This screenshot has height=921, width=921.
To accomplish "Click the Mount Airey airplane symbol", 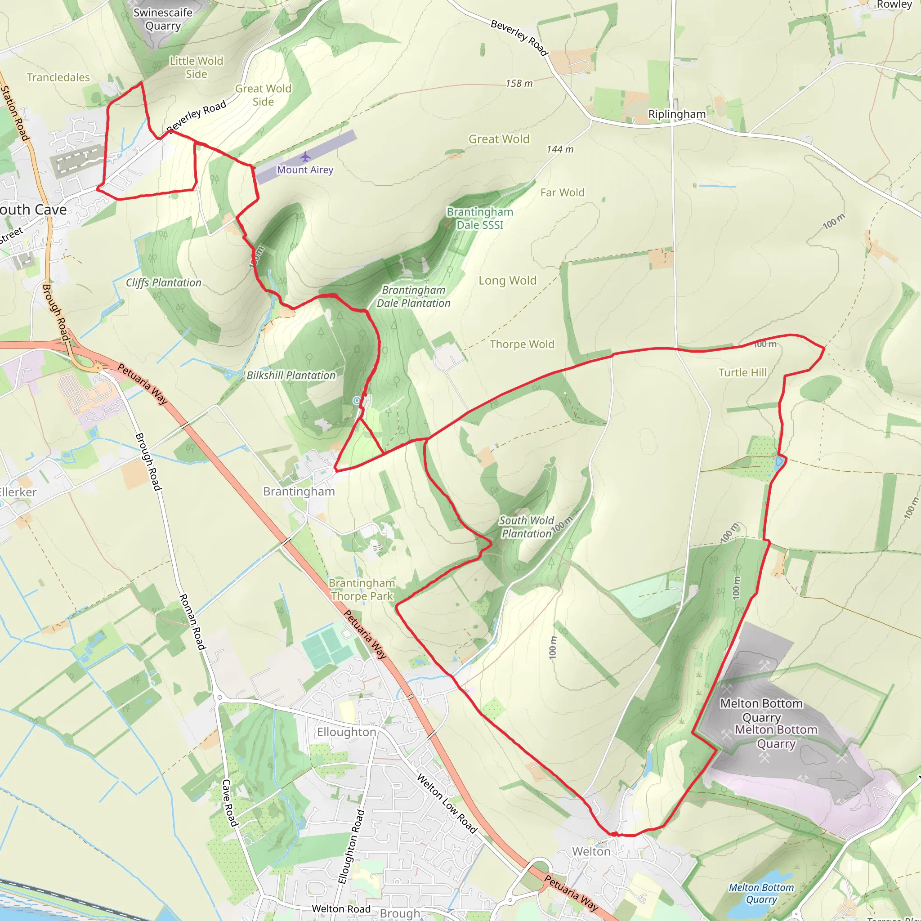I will click(305, 157).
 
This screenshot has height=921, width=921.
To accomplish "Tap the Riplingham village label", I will click(676, 114).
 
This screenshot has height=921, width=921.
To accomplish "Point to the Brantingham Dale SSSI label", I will click(479, 218).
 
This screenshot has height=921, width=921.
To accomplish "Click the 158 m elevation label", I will click(519, 84).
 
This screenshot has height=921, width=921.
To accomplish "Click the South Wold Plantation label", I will click(526, 527).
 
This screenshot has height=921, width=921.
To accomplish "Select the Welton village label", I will click(590, 851).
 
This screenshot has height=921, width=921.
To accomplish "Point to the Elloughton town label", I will click(347, 732).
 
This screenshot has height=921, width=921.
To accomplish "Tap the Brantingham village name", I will click(299, 492).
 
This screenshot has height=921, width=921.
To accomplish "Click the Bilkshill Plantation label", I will click(291, 376).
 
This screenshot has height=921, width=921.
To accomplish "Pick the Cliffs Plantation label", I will click(164, 283).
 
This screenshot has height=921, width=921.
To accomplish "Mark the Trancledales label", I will click(58, 77).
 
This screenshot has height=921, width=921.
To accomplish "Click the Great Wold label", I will click(499, 139).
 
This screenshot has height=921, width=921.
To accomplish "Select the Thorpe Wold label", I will click(522, 344).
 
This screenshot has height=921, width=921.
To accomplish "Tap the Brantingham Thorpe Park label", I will click(362, 590).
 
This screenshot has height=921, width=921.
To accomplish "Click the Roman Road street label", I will click(192, 622).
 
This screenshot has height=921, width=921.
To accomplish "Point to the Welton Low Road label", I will click(447, 804).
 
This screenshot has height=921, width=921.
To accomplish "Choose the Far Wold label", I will click(562, 192).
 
